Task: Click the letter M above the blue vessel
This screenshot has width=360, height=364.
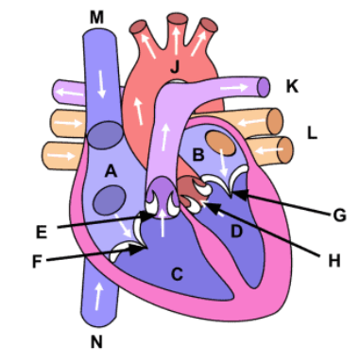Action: click(97, 18)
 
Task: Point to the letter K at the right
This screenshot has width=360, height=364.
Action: click(291, 87)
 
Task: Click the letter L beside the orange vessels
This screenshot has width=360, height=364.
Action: click(312, 132)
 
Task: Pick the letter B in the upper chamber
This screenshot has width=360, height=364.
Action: click(198, 153)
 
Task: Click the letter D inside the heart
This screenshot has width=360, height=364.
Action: click(237, 229)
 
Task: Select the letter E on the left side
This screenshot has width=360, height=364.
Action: click(40, 230)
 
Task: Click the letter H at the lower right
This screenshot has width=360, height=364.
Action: click(333, 257)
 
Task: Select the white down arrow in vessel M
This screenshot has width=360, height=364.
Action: click(97, 89)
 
